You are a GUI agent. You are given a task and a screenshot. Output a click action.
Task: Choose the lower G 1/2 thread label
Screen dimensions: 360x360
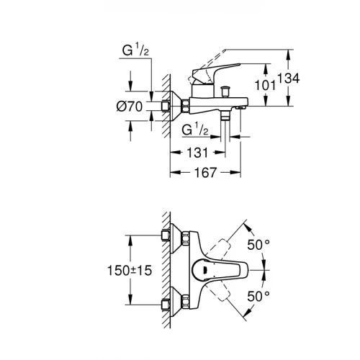tap(194, 130)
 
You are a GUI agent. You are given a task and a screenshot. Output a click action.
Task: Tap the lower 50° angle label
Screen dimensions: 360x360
tap(258, 295)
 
